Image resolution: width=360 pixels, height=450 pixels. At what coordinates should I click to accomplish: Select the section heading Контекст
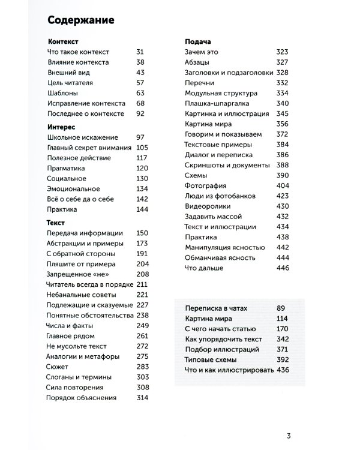tap(62, 43)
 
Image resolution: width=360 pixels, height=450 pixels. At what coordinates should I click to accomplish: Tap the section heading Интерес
tap(60, 127)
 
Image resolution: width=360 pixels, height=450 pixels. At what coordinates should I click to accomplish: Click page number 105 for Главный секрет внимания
tap(142, 148)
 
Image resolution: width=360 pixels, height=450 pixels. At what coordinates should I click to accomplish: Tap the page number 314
tap(142, 398)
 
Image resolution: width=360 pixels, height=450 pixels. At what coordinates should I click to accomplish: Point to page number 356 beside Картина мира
tap(282, 124)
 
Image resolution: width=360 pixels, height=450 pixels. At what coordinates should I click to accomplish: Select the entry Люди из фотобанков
tap(221, 196)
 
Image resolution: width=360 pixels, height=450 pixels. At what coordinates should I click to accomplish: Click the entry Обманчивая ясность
tap(220, 257)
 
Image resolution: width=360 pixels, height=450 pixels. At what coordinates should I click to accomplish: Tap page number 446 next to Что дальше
tap(282, 268)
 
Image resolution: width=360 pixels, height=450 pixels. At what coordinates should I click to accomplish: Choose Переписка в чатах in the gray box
tap(217, 308)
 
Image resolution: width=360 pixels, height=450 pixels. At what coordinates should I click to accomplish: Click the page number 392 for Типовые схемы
tap(283, 359)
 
